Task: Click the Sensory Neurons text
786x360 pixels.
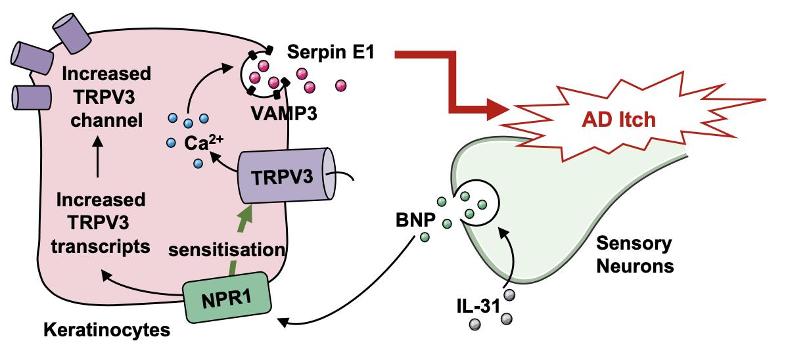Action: click(x=634, y=255)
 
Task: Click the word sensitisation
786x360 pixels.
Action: click(x=225, y=250)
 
